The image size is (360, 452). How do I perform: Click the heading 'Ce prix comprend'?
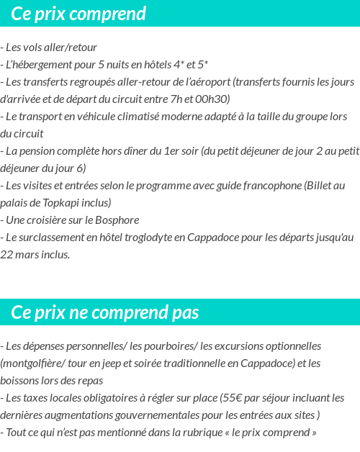pos(78,14)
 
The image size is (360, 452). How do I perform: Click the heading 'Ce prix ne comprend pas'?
pos(105,312)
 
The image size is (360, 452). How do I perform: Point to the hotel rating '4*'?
pos(180,65)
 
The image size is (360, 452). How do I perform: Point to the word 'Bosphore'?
pos(117,220)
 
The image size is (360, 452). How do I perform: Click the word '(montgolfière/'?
pos(33,363)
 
